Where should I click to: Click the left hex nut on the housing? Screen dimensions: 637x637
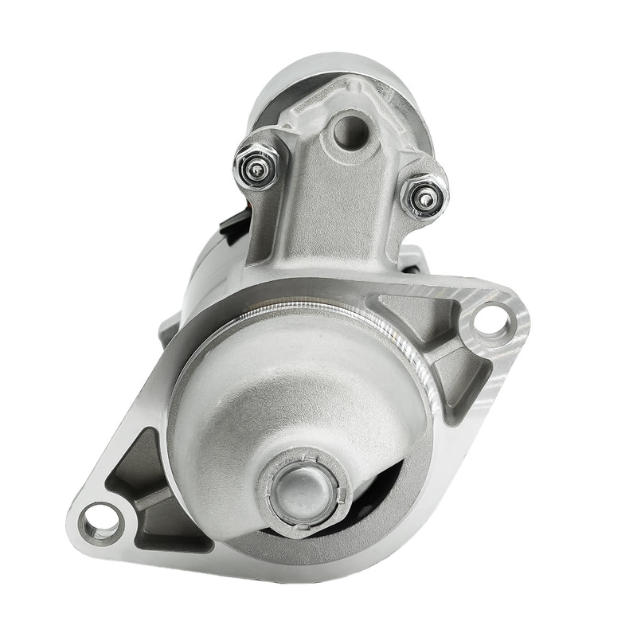(x=256, y=164)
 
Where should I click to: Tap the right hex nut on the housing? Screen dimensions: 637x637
(x=424, y=197)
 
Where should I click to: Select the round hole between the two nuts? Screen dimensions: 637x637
(x=348, y=131)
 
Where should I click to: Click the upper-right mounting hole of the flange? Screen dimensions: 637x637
(x=489, y=322)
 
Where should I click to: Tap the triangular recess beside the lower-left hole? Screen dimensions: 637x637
(x=135, y=470)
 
